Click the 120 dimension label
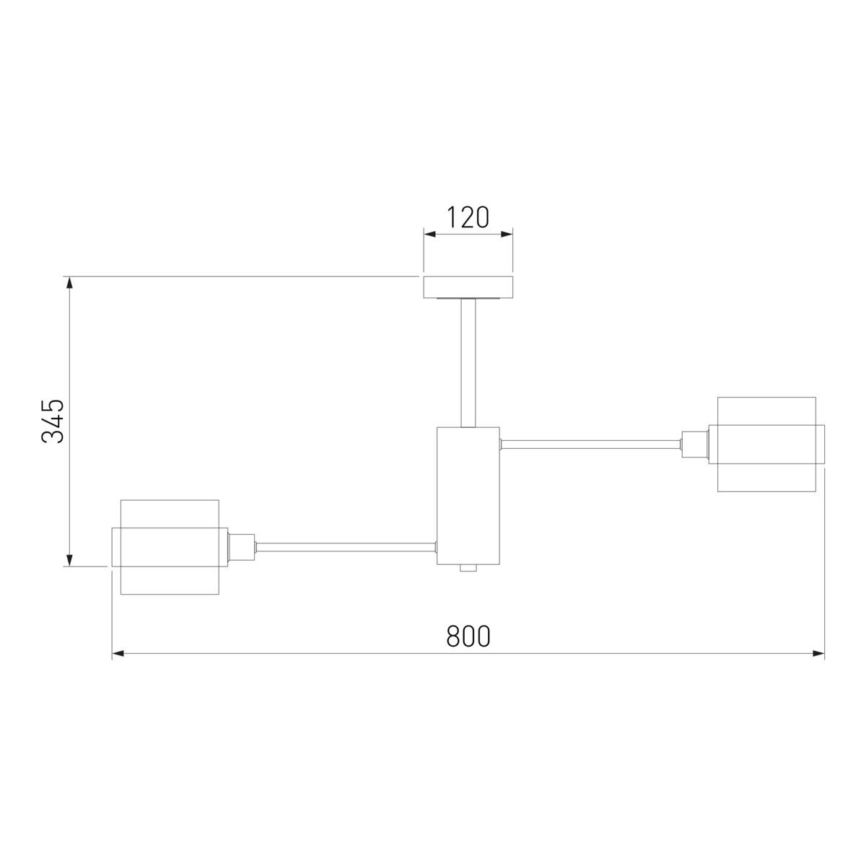[x=468, y=217]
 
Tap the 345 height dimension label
[x=53, y=421]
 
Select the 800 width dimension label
[x=468, y=637]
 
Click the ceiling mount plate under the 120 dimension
[x=468, y=287]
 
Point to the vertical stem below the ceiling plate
[x=468, y=363]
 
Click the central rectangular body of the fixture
[x=468, y=496]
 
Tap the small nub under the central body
[x=468, y=568]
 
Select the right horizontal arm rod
[x=590, y=445]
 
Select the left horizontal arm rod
[x=346, y=547]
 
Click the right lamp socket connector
[x=695, y=445]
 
